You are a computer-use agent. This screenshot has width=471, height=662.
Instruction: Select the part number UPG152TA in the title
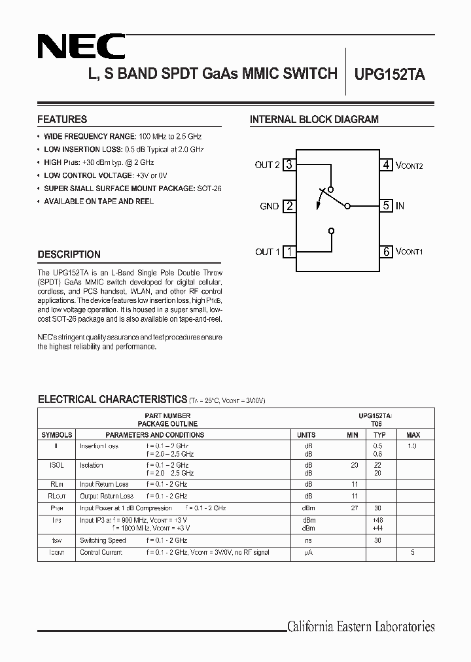point(390,75)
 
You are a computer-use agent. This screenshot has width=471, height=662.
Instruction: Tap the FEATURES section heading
point(62,120)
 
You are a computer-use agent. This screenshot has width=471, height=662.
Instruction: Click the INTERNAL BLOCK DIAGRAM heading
point(314,120)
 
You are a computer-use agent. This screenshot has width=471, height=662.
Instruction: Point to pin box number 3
point(289,165)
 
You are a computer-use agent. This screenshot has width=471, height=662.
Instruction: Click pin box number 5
point(387,205)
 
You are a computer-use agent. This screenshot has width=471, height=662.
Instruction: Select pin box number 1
point(289,251)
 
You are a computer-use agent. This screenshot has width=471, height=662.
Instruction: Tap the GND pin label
point(270,206)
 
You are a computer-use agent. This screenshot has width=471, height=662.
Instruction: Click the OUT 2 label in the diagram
point(267,165)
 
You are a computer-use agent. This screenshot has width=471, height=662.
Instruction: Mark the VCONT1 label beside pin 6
point(410,252)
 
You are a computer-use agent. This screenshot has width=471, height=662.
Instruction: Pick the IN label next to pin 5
point(400,206)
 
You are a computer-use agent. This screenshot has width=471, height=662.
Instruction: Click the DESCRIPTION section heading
point(69,254)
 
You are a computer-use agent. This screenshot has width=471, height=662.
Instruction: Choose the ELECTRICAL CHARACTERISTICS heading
point(113,399)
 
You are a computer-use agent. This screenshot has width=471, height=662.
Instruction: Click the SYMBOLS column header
point(57,435)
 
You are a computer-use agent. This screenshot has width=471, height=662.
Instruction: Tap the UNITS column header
point(306,435)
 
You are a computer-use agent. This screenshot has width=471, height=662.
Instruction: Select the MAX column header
point(413,435)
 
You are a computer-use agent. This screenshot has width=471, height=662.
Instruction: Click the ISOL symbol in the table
point(57,465)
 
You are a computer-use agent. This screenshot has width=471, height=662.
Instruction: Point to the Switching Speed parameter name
point(103,540)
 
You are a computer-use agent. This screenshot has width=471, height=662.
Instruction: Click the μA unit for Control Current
point(306,553)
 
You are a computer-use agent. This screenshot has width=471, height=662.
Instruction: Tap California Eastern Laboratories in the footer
point(360,627)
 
